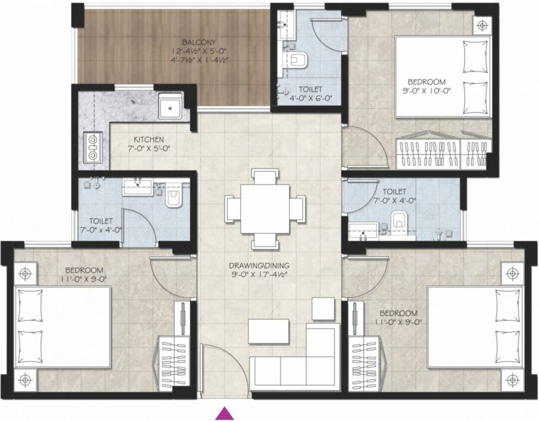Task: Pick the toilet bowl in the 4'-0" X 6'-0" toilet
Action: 299,60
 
